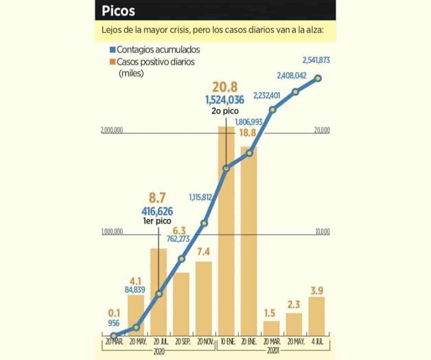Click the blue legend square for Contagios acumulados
click(x=113, y=50)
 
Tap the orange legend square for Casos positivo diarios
click(x=113, y=62)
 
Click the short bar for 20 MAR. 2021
click(x=272, y=328)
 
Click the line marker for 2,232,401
click(x=272, y=109)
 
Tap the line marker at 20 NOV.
click(x=204, y=223)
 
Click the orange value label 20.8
click(x=225, y=87)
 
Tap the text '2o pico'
click(x=224, y=111)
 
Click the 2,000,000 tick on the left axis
click(x=111, y=130)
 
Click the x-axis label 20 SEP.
click(x=181, y=341)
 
